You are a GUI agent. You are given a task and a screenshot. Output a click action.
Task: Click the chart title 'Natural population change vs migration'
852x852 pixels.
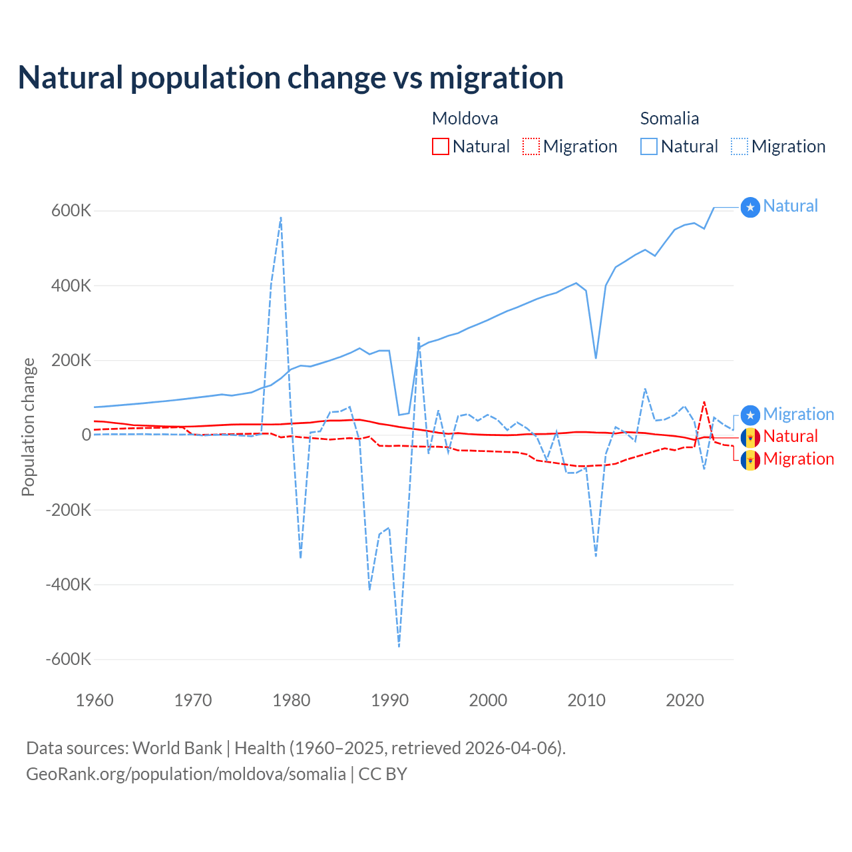click(x=291, y=78)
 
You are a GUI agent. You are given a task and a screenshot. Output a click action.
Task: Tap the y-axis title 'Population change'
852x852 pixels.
click(x=28, y=427)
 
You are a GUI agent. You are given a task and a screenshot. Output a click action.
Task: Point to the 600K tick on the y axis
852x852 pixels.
click(x=71, y=211)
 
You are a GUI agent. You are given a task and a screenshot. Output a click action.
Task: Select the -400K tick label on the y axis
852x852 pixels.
click(x=68, y=584)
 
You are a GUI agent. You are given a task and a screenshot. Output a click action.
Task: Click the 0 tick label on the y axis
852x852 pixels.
click(x=87, y=435)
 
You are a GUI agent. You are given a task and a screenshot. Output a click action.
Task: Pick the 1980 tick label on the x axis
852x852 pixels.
click(x=292, y=700)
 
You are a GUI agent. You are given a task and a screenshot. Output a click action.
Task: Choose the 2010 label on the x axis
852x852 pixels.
click(x=586, y=700)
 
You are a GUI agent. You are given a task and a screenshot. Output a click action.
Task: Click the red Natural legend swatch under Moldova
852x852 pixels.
click(x=441, y=146)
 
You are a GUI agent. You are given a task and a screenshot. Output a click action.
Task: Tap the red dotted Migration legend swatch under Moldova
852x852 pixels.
click(x=531, y=146)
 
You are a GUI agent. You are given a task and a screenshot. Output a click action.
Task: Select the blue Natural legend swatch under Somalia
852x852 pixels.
click(x=649, y=146)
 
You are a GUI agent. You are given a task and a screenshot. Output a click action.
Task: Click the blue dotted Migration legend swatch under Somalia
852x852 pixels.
click(x=740, y=146)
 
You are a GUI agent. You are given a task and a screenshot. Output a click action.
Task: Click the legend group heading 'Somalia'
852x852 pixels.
click(x=669, y=118)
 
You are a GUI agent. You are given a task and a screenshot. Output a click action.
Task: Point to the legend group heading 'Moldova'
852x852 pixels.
click(x=465, y=118)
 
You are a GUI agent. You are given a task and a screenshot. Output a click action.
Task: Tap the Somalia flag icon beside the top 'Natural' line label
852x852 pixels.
click(x=750, y=208)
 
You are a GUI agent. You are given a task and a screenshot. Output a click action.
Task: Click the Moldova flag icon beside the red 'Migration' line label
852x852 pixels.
click(x=750, y=460)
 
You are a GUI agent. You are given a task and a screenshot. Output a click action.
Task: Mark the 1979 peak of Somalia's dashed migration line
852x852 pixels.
click(x=281, y=218)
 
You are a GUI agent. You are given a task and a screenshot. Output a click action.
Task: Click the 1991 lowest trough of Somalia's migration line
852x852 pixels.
click(x=399, y=646)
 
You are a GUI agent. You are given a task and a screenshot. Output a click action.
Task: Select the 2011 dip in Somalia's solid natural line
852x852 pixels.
click(x=596, y=358)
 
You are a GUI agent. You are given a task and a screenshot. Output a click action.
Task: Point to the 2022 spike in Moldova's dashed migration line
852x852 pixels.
click(x=704, y=402)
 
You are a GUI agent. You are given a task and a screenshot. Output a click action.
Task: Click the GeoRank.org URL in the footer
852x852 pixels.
click(x=186, y=774)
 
